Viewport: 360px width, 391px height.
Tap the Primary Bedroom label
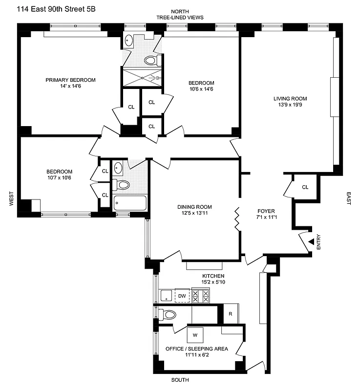pos(70,80)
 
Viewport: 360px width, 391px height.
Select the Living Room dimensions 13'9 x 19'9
pos(290,105)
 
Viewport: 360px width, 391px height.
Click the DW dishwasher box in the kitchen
pos(182,295)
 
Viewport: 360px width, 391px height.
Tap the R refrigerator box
pos(230,314)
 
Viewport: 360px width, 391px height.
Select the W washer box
pos(195,335)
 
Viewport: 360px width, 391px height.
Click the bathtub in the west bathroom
pos(129,203)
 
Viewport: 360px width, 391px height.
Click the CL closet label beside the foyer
pos(305,187)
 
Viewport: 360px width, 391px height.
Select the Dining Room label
pos(194,207)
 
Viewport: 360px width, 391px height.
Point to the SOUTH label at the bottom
pos(180,380)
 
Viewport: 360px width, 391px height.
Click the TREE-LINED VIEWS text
pos(180,18)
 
